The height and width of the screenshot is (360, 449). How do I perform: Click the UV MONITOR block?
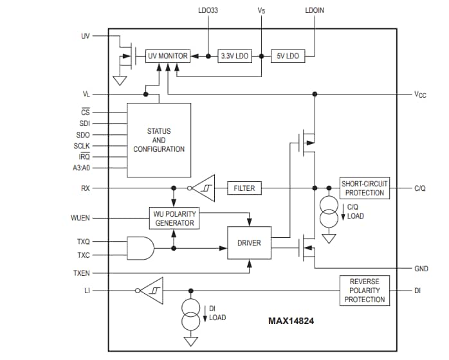click(x=167, y=56)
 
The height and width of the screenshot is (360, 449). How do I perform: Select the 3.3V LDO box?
click(x=234, y=56)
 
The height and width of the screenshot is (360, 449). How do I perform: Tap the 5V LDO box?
click(x=287, y=56)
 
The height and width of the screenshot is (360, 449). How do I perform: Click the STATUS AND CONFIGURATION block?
click(x=159, y=140)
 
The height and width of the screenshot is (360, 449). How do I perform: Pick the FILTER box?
click(x=244, y=188)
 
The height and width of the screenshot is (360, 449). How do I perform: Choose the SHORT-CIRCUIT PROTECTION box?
click(x=364, y=188)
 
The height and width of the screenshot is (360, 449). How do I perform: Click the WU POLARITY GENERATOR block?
click(x=174, y=219)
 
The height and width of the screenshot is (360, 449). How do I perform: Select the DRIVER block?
click(x=249, y=243)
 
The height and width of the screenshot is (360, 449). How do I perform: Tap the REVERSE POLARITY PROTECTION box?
click(x=364, y=291)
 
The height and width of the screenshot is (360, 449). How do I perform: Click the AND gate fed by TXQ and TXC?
click(x=141, y=248)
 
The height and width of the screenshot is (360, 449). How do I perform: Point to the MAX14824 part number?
click(x=291, y=319)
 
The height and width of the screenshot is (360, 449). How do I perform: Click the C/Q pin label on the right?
click(x=420, y=188)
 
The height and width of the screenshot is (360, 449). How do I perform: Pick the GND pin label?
click(x=421, y=269)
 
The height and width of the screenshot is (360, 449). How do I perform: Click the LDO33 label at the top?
click(x=208, y=11)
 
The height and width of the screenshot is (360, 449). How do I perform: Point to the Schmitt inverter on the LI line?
click(x=152, y=291)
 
